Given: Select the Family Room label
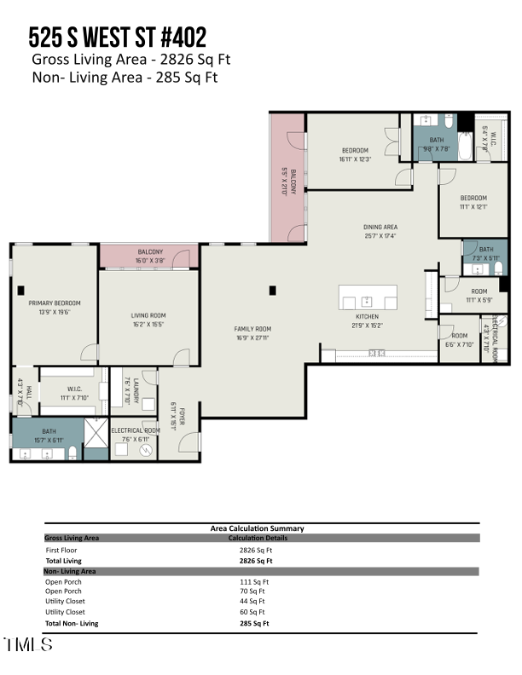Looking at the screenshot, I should (252, 329).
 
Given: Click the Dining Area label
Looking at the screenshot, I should (380, 227).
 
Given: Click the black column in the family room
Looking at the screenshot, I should (272, 290).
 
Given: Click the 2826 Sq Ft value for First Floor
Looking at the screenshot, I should (256, 551).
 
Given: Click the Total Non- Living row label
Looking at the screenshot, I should (71, 623).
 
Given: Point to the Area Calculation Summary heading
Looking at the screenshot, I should (257, 528).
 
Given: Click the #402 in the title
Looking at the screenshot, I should (176, 37).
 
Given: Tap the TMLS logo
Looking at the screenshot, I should (28, 645).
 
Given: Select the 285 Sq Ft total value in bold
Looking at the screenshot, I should (254, 623).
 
